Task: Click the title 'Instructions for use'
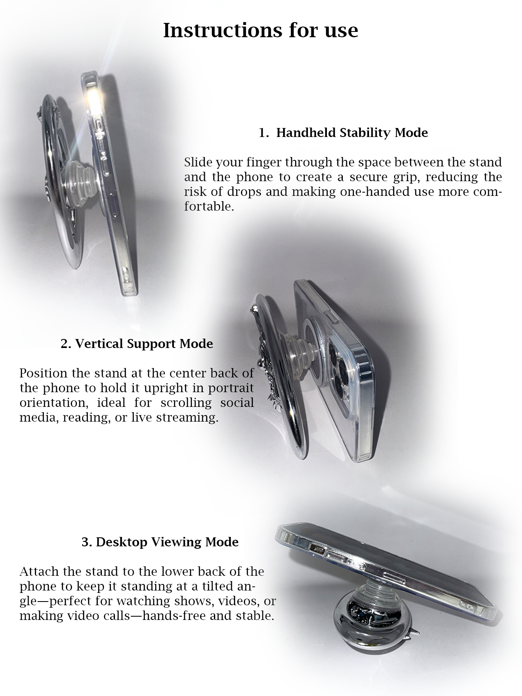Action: pyautogui.click(x=261, y=30)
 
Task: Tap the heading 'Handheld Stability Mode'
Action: pyautogui.click(x=352, y=132)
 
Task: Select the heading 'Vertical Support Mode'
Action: pyautogui.click(x=144, y=344)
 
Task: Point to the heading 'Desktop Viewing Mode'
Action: pyautogui.click(x=167, y=542)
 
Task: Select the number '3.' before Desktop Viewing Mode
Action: pyautogui.click(x=87, y=542)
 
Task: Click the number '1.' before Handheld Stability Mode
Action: pyautogui.click(x=264, y=132)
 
